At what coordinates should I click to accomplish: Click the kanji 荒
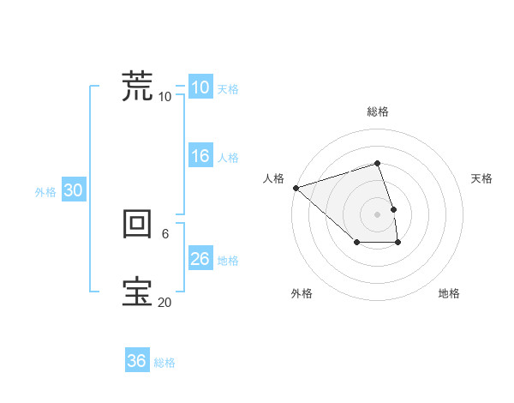point(137,86)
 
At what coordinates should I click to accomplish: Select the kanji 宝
point(137,292)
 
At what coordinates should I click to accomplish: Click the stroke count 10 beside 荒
point(164,96)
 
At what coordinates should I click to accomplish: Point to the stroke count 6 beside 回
point(165,233)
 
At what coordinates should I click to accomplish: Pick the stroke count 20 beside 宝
point(164,302)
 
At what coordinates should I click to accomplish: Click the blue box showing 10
point(200,87)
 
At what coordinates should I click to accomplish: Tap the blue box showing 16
point(200,156)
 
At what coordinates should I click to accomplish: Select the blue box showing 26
point(200,259)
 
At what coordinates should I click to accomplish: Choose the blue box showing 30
point(73,191)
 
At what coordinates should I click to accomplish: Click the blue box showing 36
point(136,361)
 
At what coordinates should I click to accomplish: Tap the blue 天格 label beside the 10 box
point(227,89)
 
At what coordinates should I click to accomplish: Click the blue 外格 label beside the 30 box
point(45,193)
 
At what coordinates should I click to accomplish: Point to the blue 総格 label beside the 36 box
point(164,363)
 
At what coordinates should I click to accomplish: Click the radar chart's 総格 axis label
point(378,111)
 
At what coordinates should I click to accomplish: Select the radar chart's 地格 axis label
point(449,293)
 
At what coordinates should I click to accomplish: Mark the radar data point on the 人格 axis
point(296,187)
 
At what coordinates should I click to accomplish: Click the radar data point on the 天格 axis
point(393,208)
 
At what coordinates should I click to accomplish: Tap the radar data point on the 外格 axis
point(356,244)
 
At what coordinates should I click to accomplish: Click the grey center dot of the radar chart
point(378,214)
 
